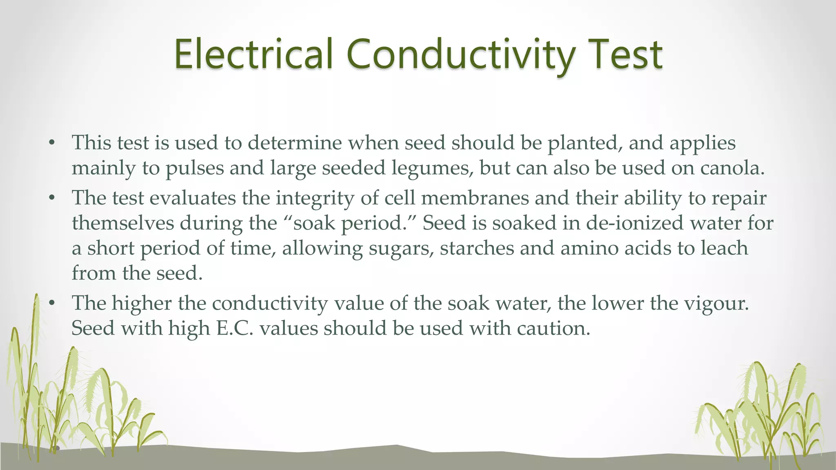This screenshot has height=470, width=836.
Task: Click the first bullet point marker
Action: click(51, 143)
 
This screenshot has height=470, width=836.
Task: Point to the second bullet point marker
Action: click(51, 199)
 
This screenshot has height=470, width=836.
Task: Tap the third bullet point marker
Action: click(51, 304)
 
